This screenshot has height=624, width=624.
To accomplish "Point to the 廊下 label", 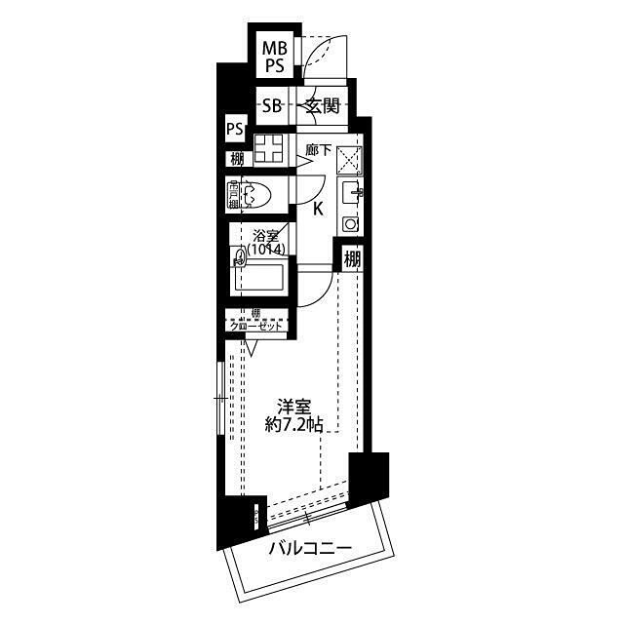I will (x=318, y=150).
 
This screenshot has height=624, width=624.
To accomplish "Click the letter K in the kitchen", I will (x=318, y=207).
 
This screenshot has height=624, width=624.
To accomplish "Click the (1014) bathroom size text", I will (x=264, y=251).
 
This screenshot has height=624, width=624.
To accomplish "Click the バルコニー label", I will (x=309, y=548).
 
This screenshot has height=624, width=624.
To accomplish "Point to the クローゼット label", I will (x=256, y=326).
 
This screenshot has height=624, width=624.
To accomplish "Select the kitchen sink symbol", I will (x=351, y=190).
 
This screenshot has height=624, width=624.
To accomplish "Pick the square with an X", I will (x=349, y=158).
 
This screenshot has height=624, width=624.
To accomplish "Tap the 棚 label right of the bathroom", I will (x=352, y=259).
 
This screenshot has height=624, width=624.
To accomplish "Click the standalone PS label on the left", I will (x=234, y=128).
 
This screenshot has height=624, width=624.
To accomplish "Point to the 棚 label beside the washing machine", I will (x=236, y=158).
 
